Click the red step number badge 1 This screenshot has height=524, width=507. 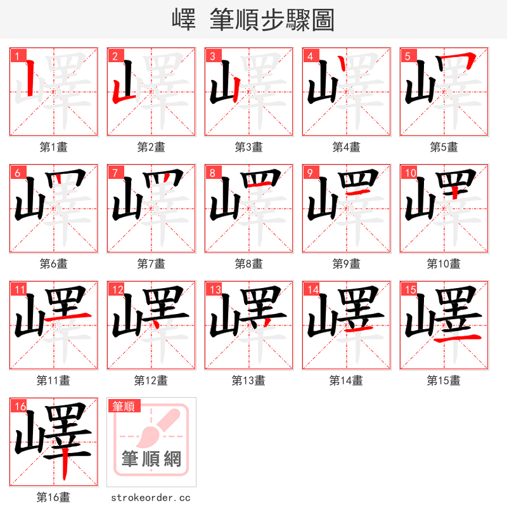pos(16,56)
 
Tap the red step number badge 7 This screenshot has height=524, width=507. pos(114,173)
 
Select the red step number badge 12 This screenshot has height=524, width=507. pos(117,289)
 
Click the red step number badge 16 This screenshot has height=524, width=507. pos(19,406)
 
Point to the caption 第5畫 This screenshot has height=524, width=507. pos(444,147)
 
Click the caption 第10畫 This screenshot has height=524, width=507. pos(444,264)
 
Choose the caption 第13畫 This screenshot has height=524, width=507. pos(248,381)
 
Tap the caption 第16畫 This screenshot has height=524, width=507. pos(53,497)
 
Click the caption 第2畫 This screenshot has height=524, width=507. pos(151,147)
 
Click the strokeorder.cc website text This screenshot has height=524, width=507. pos(151,498)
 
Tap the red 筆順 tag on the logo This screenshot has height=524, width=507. pos(124,406)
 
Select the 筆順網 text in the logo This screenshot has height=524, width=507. pos(151,459)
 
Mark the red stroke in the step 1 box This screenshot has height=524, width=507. pos(30,79)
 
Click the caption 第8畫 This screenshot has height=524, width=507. pos(248,264)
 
